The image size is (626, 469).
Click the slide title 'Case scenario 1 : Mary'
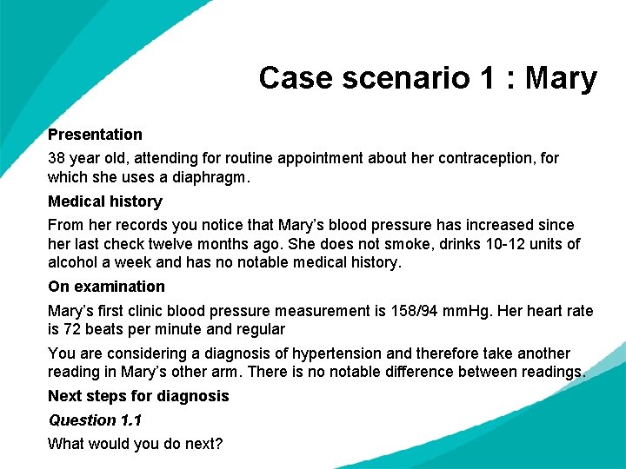pyautogui.click(x=428, y=78)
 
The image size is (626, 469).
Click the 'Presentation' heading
pyautogui.click(x=95, y=135)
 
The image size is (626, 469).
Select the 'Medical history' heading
pyautogui.click(x=105, y=201)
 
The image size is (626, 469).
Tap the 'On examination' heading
pyautogui.click(x=106, y=287)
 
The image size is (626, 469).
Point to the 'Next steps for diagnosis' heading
pyautogui.click(x=138, y=396)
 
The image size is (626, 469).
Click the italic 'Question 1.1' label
pyautogui.click(x=95, y=420)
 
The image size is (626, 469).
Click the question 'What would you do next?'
pyautogui.click(x=136, y=444)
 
